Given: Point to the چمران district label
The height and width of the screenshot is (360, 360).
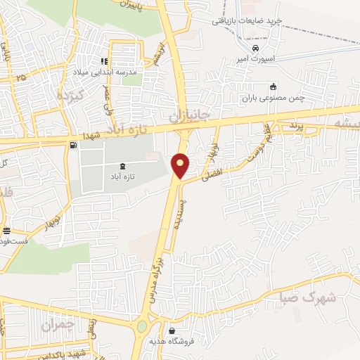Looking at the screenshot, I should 56,325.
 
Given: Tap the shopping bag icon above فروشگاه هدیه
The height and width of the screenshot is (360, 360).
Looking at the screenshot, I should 173,330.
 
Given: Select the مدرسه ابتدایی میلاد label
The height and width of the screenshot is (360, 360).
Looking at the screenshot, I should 105,72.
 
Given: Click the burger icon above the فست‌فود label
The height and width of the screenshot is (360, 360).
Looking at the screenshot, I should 6,231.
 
